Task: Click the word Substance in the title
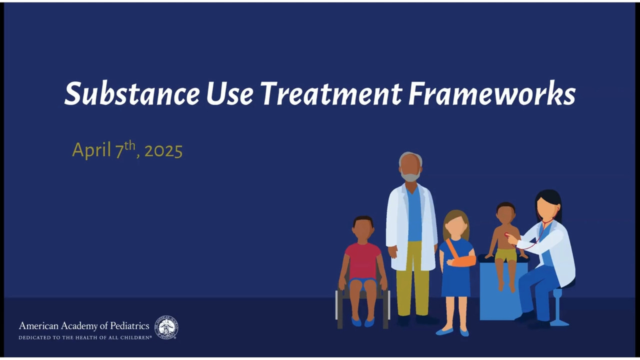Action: [x=132, y=93]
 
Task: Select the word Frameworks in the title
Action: [x=492, y=93]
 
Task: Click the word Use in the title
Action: [x=229, y=93]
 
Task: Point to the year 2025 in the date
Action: [x=163, y=151]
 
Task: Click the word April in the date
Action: [x=91, y=150]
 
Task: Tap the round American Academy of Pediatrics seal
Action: [x=166, y=327]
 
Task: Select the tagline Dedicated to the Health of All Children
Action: [x=85, y=337]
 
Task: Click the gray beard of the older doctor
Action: [x=410, y=175]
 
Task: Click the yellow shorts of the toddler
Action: [x=506, y=255]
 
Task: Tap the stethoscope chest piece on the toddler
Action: [x=507, y=235]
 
